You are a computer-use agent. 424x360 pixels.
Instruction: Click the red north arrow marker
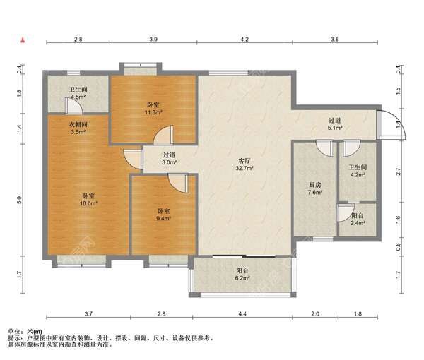(x=23, y=40)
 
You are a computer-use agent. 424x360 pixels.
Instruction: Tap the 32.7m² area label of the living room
(x=245, y=168)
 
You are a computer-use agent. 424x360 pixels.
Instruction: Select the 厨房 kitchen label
(x=315, y=185)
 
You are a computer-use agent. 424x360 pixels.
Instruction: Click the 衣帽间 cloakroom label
(x=78, y=124)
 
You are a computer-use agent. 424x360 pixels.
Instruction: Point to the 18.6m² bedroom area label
(x=88, y=203)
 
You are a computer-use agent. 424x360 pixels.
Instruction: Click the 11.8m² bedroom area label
(x=153, y=112)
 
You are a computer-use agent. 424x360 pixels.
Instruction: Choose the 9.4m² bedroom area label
(x=163, y=218)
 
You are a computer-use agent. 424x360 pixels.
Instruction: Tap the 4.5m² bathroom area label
(x=78, y=97)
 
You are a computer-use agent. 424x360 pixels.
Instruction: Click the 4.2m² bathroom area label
(x=358, y=175)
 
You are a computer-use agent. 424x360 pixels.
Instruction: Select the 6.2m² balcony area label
(x=242, y=277)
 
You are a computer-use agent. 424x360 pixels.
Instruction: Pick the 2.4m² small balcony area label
(x=358, y=223)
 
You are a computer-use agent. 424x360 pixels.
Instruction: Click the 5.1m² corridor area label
(x=335, y=128)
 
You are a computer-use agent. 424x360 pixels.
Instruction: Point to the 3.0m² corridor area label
(x=170, y=162)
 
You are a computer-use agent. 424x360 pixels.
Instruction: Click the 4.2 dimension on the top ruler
(x=245, y=39)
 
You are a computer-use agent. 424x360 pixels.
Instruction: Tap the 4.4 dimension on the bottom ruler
(x=242, y=314)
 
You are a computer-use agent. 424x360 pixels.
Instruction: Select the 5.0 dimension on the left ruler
(x=19, y=200)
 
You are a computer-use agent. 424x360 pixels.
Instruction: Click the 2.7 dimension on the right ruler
(x=398, y=172)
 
